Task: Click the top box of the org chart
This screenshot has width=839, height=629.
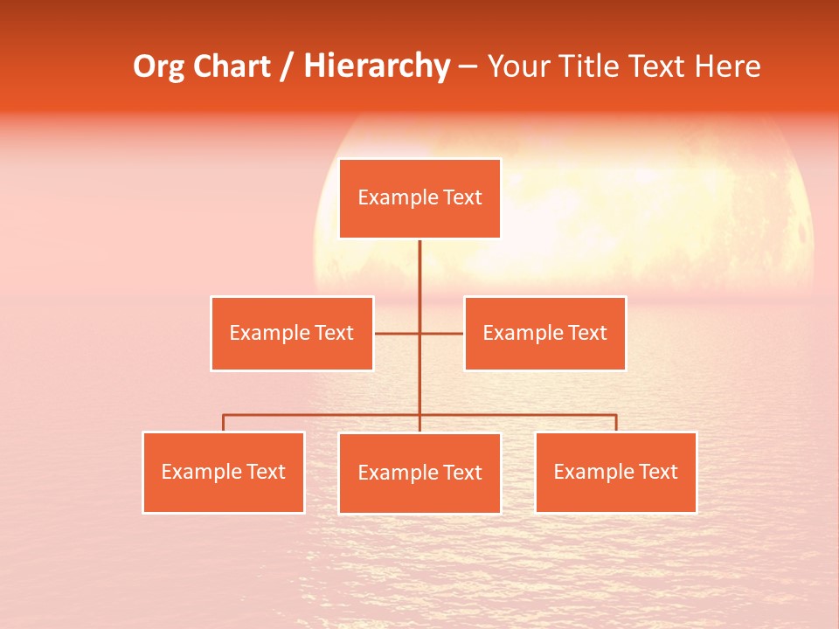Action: (419, 198)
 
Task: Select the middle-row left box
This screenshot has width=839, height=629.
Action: (291, 333)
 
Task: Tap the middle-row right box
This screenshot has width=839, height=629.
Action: (544, 333)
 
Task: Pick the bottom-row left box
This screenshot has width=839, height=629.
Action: (223, 472)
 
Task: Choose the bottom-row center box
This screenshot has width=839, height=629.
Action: (419, 473)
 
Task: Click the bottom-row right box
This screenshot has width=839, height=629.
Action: (615, 472)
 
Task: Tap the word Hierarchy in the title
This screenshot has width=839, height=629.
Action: (377, 66)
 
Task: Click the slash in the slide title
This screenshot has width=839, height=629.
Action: (287, 66)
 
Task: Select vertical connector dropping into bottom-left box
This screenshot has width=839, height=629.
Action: (223, 423)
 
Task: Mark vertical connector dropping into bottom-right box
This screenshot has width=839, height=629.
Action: (616, 423)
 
